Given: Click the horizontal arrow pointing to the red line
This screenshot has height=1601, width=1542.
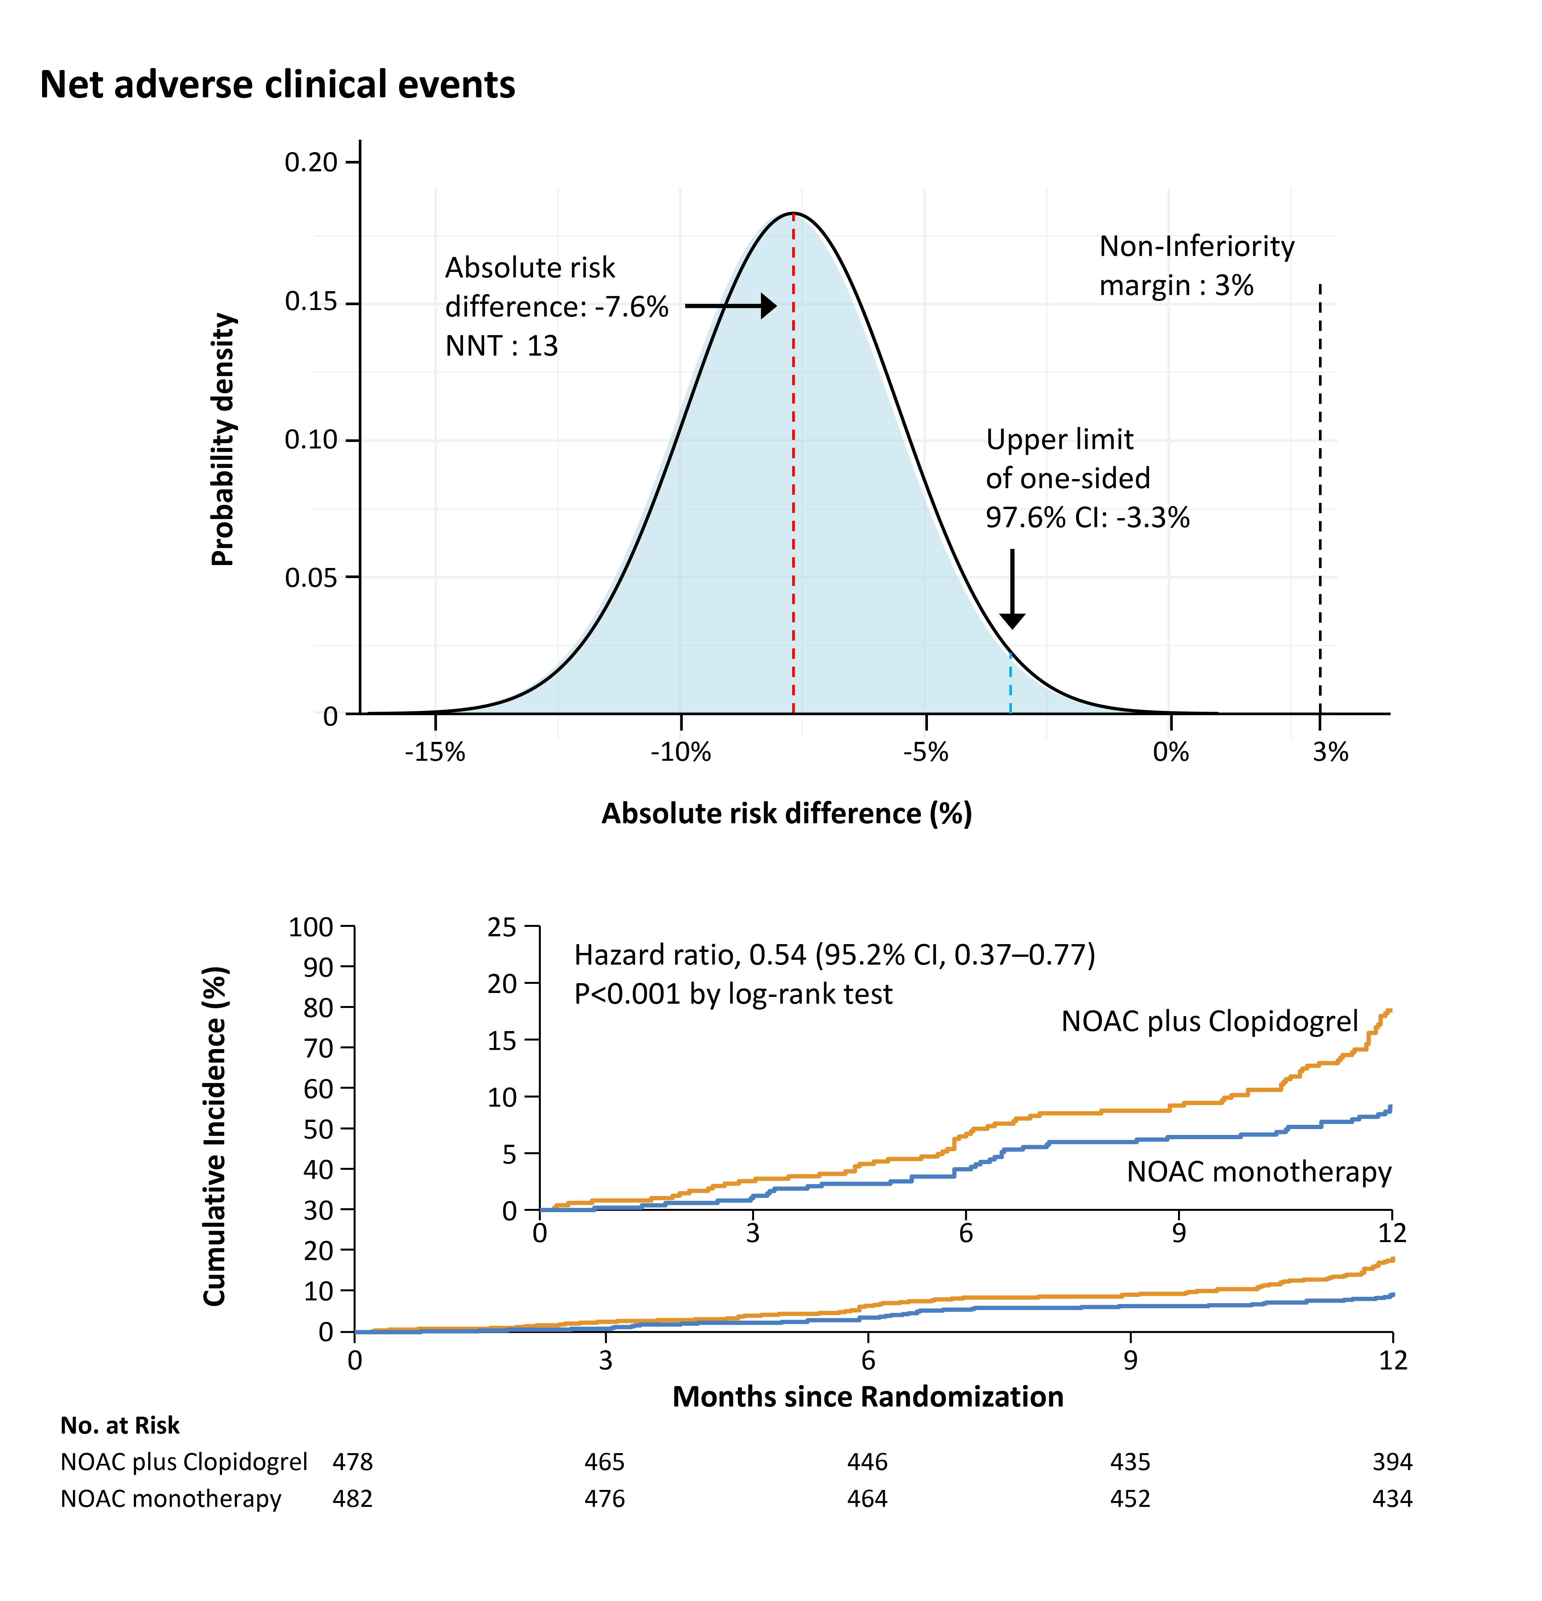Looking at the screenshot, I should click(729, 306).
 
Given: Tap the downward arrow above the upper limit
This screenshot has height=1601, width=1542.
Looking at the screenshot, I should click(1012, 588).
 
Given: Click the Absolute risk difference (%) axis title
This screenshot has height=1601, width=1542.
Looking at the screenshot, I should click(787, 814).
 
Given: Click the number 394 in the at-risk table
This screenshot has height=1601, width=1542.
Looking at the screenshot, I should click(1392, 1461).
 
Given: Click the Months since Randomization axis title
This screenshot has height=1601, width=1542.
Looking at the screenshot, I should click(867, 1397).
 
